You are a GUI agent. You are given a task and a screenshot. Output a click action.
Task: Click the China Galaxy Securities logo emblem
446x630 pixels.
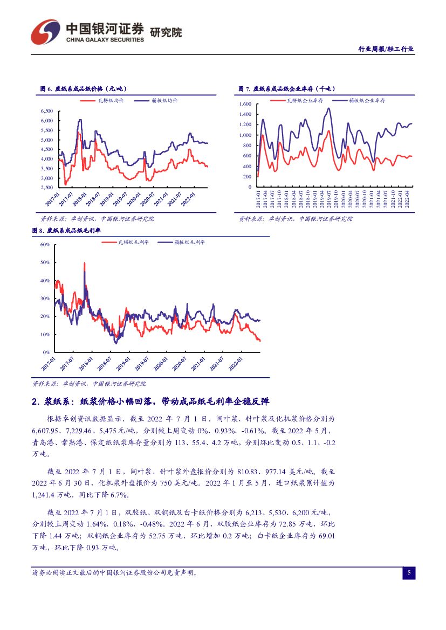point(45,32)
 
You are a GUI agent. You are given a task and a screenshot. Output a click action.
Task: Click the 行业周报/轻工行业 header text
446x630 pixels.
point(386,49)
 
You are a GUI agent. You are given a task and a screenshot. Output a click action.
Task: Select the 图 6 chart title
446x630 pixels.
point(84,89)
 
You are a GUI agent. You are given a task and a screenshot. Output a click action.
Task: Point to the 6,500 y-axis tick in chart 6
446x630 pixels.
point(46,111)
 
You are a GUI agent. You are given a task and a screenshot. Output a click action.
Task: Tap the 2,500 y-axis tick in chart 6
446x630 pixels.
point(46,188)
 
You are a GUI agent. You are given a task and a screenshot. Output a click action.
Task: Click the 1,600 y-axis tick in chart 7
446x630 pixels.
point(245,103)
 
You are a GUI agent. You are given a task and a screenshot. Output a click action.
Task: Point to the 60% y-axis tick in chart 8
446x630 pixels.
point(45,245)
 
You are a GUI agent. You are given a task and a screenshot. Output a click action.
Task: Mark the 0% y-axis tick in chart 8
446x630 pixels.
point(46,352)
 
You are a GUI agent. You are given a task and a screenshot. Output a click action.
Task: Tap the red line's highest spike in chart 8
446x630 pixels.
point(85,264)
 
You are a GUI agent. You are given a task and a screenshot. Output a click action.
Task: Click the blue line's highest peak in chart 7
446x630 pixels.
point(328,108)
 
